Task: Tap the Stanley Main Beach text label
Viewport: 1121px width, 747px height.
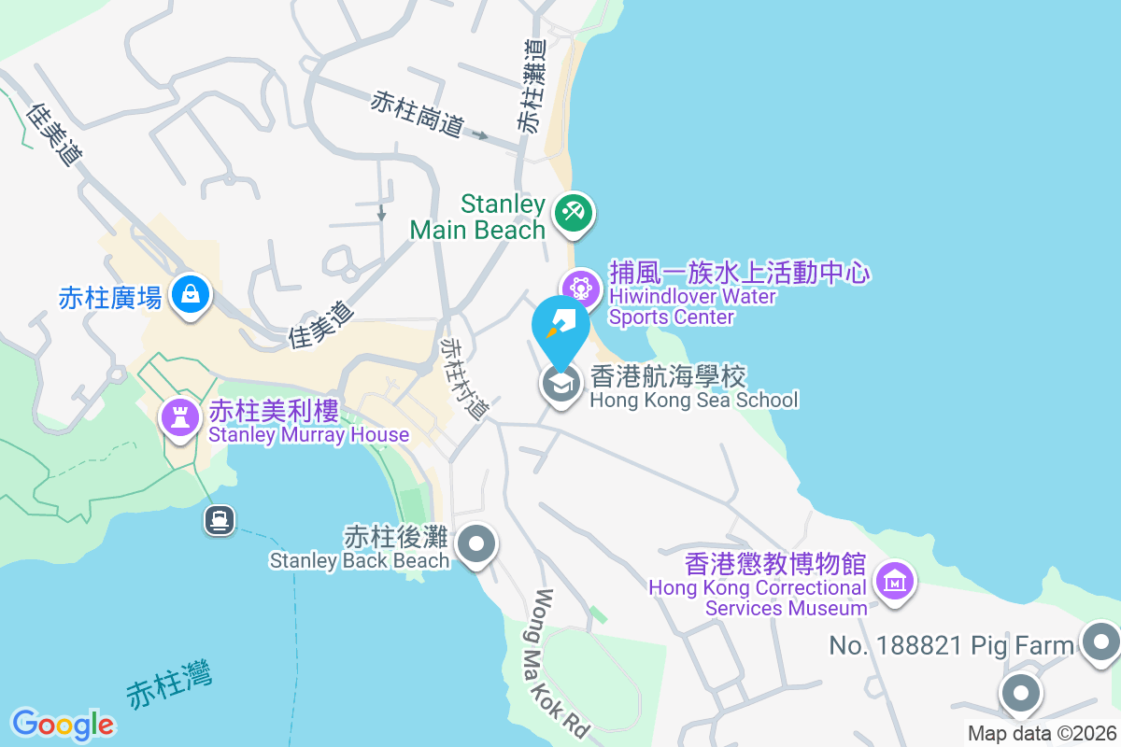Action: [x=477, y=217]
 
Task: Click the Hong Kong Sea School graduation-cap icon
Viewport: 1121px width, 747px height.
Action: [x=561, y=383]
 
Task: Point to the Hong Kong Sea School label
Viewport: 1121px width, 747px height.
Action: [x=693, y=388]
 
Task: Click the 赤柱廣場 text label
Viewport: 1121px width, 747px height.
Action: [x=109, y=298]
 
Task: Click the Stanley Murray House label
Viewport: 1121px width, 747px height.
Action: [x=308, y=422]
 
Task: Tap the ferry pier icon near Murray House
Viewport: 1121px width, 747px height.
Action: [x=220, y=519]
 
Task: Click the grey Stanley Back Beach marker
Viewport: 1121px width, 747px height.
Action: [x=477, y=543]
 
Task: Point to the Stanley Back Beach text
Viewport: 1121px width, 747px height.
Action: [x=360, y=549]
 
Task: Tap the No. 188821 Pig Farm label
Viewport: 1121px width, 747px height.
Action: [x=952, y=645]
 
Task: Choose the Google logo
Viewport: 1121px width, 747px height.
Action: [x=63, y=725]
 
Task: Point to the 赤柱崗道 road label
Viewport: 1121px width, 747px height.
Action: [x=418, y=114]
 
